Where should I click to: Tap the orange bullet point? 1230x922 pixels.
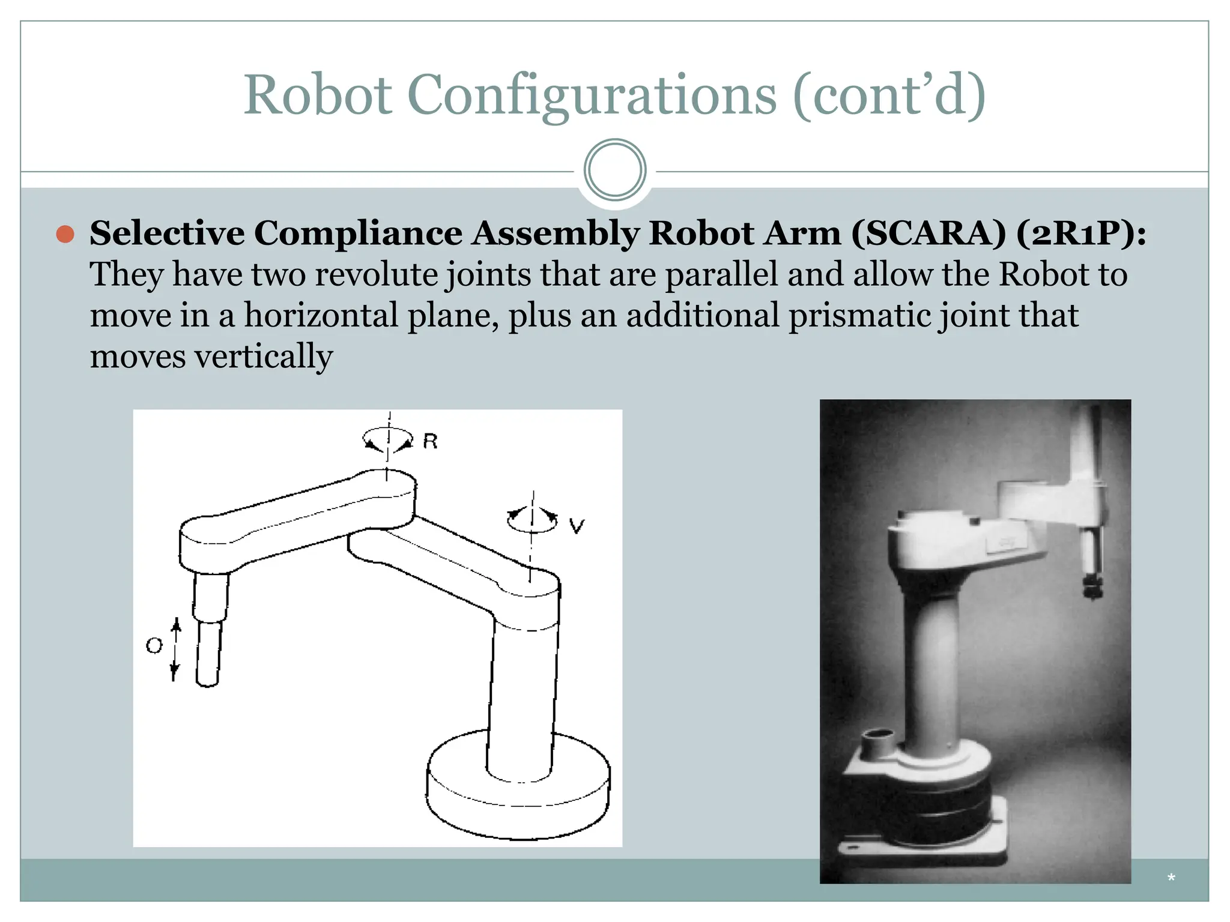tap(65, 234)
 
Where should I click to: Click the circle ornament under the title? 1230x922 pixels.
tap(614, 170)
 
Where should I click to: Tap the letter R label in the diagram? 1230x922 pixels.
tap(430, 442)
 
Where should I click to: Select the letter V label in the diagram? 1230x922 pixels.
tap(577, 526)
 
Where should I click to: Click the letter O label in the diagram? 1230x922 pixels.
tap(154, 646)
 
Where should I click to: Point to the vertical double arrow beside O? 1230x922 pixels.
tap(175, 650)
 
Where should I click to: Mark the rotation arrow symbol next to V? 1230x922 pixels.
tap(532, 519)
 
